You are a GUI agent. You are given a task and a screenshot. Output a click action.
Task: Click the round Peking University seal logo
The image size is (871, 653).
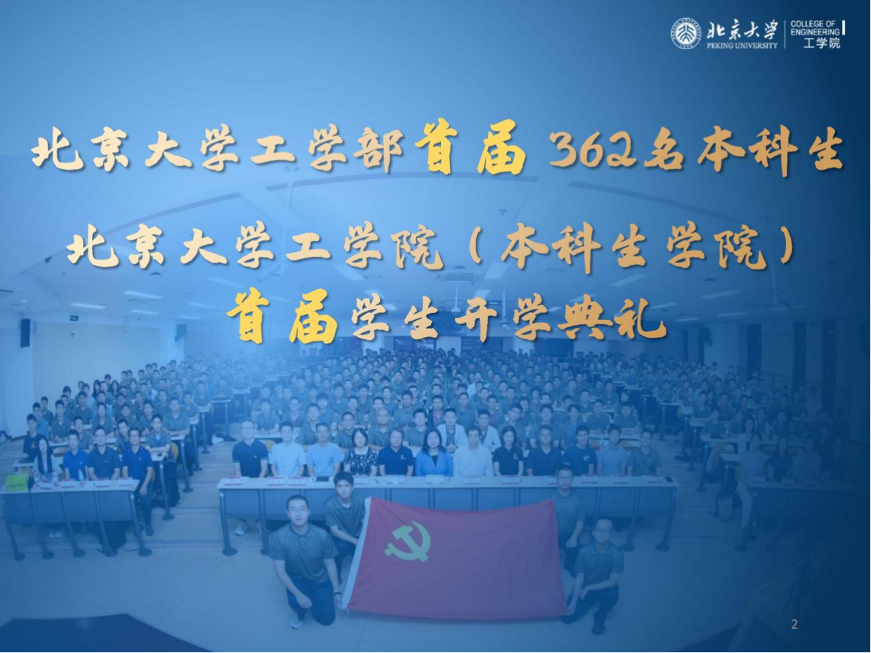(686, 34)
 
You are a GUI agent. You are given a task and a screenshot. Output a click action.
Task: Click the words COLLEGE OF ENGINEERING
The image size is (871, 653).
(815, 28)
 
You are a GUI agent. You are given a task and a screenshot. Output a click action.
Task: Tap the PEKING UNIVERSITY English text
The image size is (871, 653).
(742, 46)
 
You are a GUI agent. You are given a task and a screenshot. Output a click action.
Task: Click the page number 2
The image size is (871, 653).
(794, 625)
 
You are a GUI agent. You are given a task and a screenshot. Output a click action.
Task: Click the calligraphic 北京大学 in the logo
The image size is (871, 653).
(741, 30)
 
